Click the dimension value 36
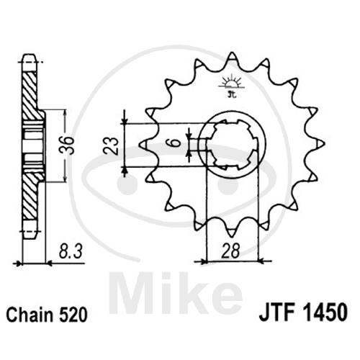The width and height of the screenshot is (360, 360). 66,145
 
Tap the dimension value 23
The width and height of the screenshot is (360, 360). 111,146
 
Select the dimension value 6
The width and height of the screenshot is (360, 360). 177,143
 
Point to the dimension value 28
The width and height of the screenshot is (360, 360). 231,251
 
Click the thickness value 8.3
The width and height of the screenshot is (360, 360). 71,251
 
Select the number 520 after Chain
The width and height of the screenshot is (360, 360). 73,315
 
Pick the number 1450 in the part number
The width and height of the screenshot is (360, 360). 323,312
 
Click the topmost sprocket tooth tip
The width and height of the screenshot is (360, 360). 232,53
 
